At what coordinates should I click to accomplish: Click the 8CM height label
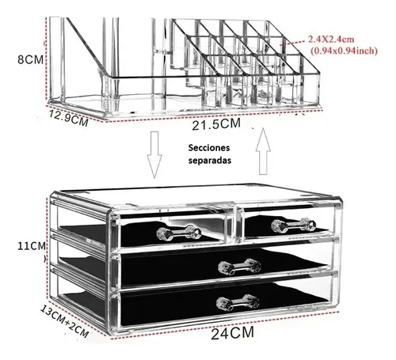point(30,59)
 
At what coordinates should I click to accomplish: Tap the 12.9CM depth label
point(69,118)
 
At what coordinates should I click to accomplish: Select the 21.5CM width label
point(216,124)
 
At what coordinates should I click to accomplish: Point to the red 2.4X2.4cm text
point(331,40)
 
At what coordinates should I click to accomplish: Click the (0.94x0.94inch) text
point(344,51)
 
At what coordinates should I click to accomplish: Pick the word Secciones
point(209,148)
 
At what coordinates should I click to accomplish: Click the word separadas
point(210,161)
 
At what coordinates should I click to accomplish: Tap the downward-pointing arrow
point(154,154)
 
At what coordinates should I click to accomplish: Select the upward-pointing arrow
point(263,151)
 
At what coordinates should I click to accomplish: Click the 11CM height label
point(32,246)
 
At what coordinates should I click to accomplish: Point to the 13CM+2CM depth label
point(64,321)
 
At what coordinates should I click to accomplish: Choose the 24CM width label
point(233,333)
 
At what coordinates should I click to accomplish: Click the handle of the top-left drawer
point(179,233)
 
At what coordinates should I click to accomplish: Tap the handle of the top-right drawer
point(294,225)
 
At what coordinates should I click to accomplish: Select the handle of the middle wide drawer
point(240,267)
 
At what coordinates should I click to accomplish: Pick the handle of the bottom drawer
point(238,302)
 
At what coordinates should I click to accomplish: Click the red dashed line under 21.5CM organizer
point(214,116)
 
